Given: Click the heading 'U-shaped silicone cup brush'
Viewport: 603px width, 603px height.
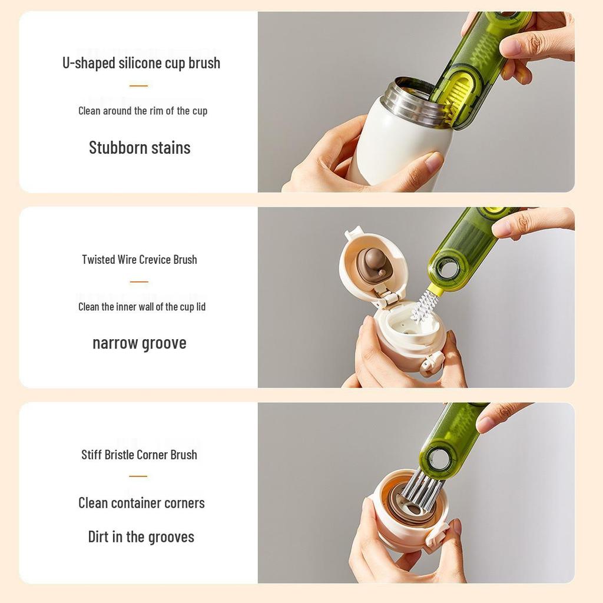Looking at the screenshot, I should click(x=141, y=63).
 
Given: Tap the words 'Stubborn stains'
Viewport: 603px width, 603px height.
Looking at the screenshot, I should click(x=140, y=148).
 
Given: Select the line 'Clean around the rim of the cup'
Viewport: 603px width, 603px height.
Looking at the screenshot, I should click(x=143, y=111).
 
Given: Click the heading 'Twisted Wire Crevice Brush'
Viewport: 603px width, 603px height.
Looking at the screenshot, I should click(x=140, y=260).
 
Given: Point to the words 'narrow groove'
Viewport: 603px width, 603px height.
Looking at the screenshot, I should click(x=140, y=343).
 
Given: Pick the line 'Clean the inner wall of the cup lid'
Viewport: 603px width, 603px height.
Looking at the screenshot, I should click(x=142, y=307).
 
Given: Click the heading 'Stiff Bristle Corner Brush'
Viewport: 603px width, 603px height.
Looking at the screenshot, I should click(x=139, y=455).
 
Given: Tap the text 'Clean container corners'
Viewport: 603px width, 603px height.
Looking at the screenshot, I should click(x=141, y=503).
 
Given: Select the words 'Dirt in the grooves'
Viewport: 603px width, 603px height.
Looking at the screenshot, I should click(x=141, y=537).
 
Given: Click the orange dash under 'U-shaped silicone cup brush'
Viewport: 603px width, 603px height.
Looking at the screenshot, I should click(x=138, y=86).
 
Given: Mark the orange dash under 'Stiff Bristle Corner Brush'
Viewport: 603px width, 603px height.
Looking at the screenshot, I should click(x=138, y=476).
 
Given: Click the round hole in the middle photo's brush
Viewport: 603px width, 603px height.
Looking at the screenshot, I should click(x=448, y=269).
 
